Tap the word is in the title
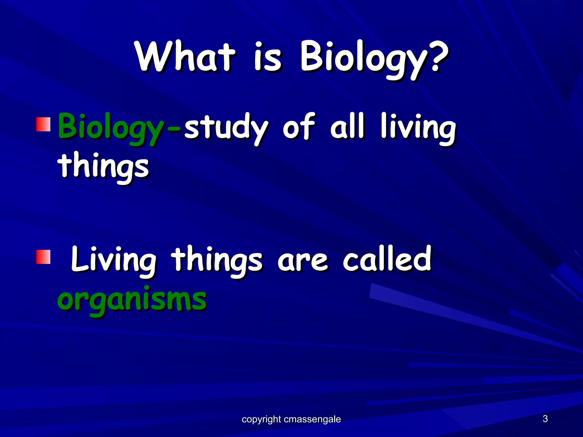pos(268,57)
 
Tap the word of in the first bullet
pos(299,127)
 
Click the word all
pos(347,127)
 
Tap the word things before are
pos(218,260)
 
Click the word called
pos(387,259)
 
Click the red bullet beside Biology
pos(43,124)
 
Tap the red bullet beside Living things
pos(43,257)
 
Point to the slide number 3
pos(545,419)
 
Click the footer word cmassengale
pos(312,419)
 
